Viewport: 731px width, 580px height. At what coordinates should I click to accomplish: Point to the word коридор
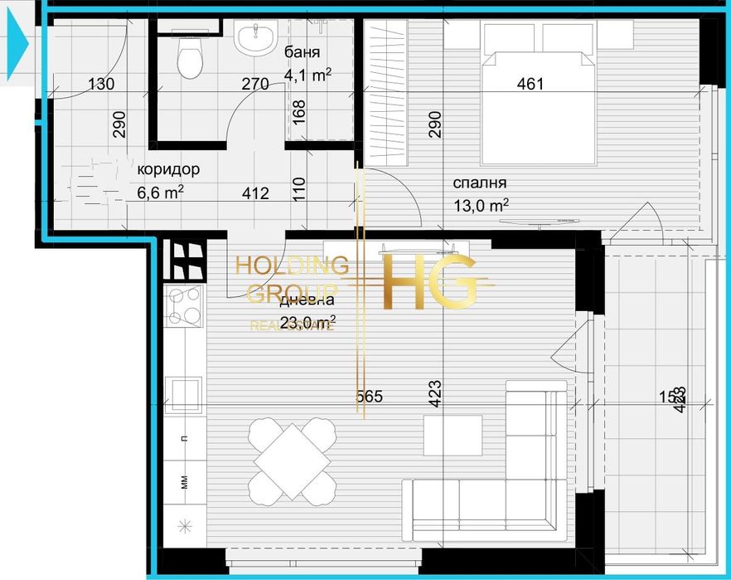[168, 169]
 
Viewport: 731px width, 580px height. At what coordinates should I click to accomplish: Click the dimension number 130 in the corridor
[100, 84]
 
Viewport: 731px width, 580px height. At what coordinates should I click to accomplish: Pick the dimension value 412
[255, 193]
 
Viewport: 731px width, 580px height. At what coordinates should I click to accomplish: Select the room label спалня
[480, 183]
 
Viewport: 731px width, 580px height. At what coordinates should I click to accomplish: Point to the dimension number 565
[369, 397]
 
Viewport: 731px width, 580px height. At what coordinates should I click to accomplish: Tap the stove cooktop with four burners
[184, 306]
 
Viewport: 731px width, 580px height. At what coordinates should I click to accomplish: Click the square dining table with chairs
[293, 458]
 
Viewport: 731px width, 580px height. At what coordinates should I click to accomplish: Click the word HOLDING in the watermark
[292, 266]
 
